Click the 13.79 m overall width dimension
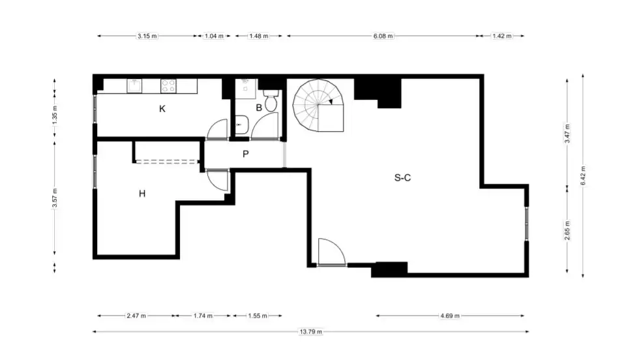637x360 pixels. pos(311,331)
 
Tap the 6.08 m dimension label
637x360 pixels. pos(383,36)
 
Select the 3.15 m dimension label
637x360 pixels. pos(147,36)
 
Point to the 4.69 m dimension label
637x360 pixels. pos(450,316)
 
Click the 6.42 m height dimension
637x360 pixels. pos(583,175)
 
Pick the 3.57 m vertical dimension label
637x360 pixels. pos(55,198)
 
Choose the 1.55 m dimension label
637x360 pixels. pos(258,316)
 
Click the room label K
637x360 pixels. pos(162,108)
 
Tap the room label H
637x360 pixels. pos(142,194)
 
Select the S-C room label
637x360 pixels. pos(402,177)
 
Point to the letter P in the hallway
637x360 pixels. pos(245,154)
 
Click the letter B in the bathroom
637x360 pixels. pos(259,108)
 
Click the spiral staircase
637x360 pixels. pos(318,105)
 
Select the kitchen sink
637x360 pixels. pos(134,85)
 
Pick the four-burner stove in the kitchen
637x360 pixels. pos(168,85)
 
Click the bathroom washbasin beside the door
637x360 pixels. pos(242,125)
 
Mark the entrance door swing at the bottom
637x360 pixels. pos(332,252)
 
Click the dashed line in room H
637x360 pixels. pos(166,162)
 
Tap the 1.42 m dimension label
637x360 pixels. pos(502,36)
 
